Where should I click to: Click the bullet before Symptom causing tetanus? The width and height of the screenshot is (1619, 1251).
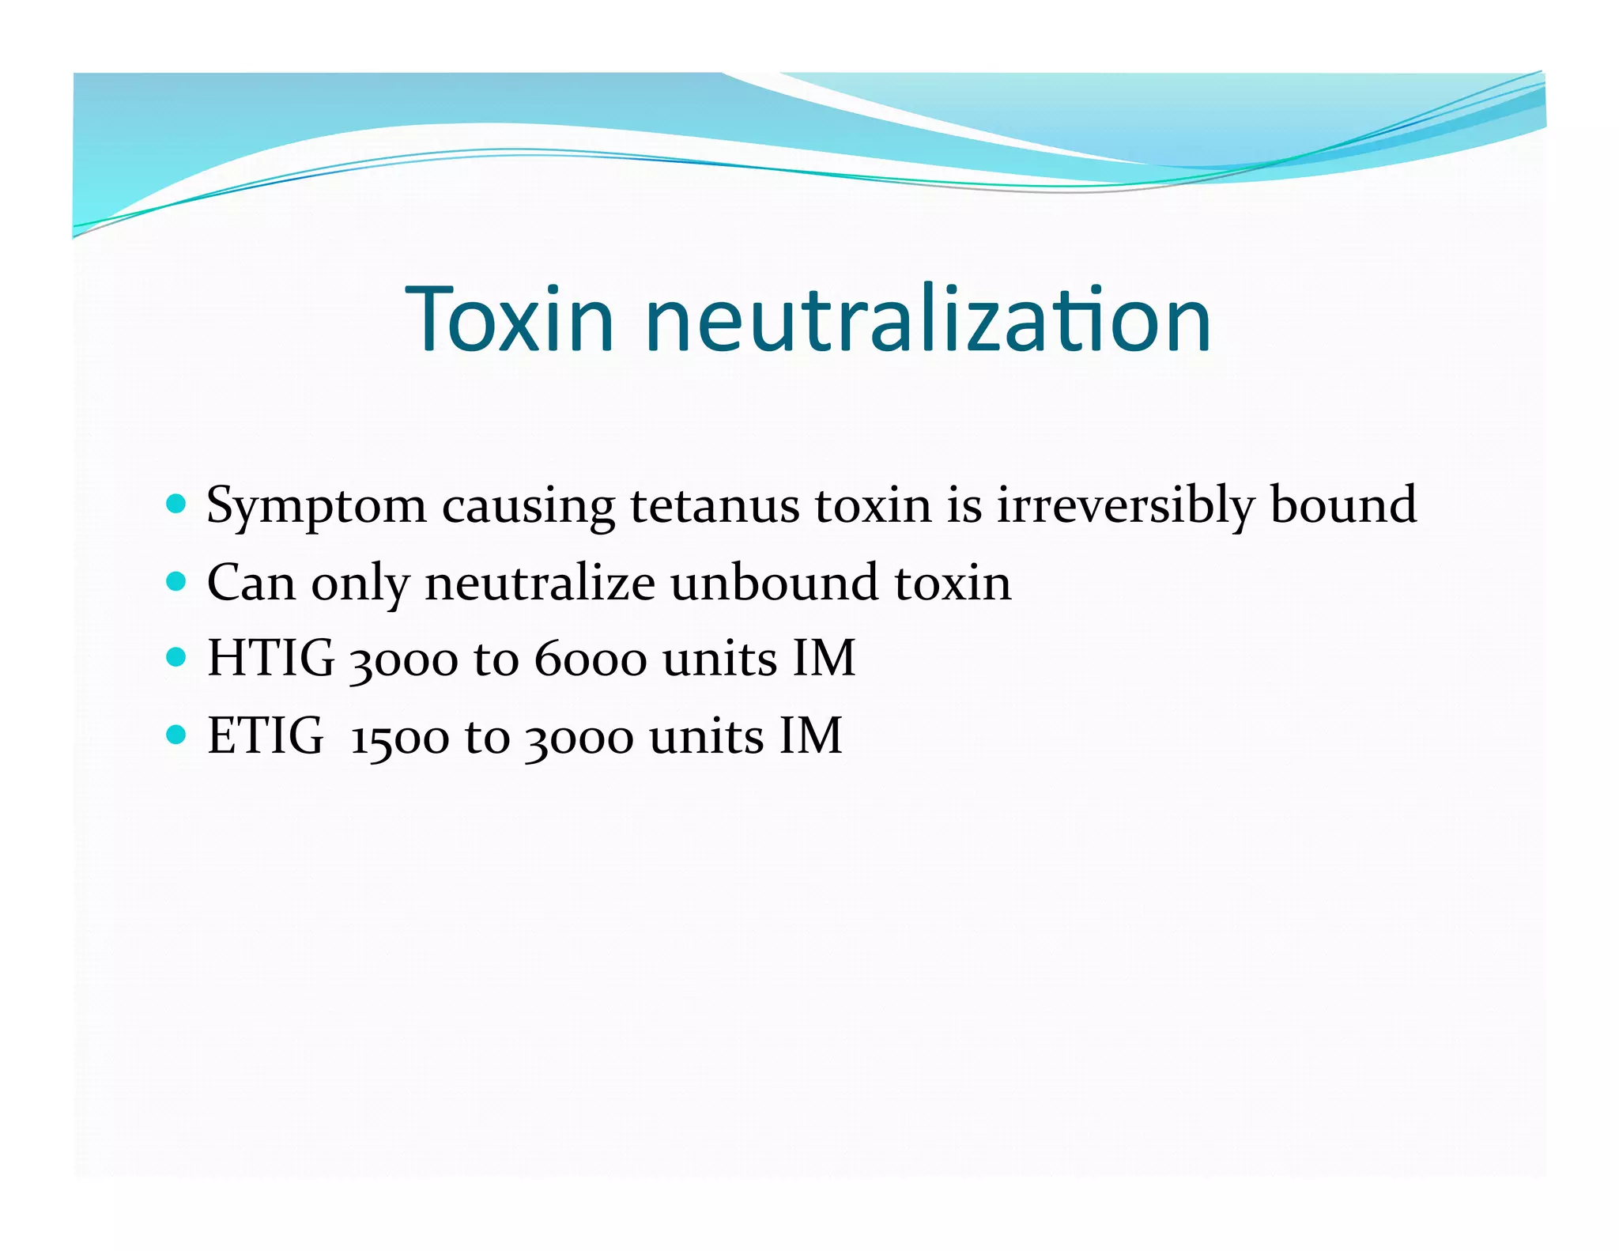pos(177,504)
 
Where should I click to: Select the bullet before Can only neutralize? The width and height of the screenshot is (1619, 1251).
pos(177,582)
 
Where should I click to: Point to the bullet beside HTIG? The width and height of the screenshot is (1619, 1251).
pos(177,657)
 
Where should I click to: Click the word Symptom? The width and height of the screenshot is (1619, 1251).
pos(315,507)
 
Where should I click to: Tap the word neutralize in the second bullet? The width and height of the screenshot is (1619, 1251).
pos(540,582)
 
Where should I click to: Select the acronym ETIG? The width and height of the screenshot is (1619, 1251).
pos(265,735)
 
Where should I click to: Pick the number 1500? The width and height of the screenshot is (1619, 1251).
pos(400,739)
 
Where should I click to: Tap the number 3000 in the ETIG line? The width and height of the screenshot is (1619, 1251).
pos(580,739)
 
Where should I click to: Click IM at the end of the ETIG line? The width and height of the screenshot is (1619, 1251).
pos(810,735)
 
